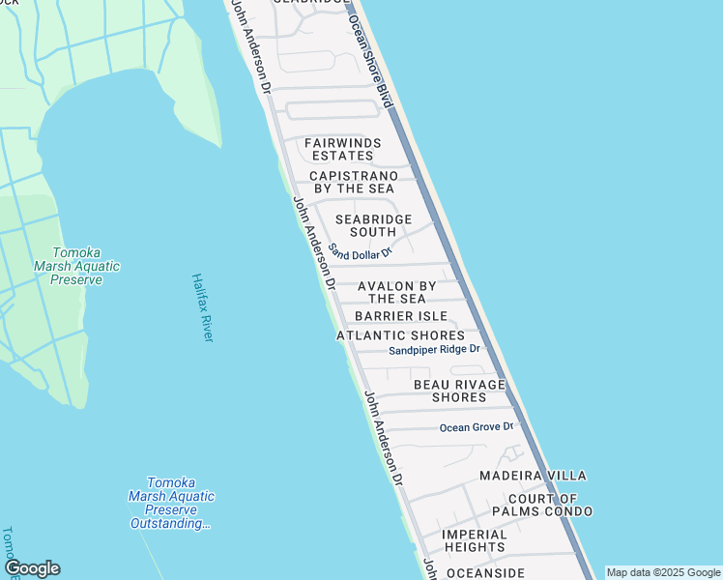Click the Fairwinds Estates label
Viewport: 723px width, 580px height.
point(342,149)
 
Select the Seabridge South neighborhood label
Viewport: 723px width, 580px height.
point(373,225)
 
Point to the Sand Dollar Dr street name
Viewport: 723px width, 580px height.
point(359,251)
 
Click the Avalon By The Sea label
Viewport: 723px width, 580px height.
point(396,293)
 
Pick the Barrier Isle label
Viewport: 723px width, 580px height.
point(400,316)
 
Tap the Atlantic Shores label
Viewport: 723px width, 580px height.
point(400,335)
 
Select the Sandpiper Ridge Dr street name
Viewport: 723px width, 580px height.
point(434,350)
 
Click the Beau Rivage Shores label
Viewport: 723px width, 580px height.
point(459,391)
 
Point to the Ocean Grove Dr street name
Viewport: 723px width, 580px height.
point(475,426)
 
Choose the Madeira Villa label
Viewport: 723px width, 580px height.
point(533,476)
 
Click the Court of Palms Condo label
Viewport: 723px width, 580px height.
point(541,504)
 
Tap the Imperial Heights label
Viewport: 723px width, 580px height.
point(474,540)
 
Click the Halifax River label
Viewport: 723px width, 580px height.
point(202,307)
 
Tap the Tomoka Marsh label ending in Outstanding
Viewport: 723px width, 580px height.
point(171,503)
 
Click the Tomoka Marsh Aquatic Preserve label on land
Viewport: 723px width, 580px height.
point(76,266)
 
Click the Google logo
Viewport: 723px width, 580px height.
point(32,568)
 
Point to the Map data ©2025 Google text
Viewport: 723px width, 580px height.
point(663,572)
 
